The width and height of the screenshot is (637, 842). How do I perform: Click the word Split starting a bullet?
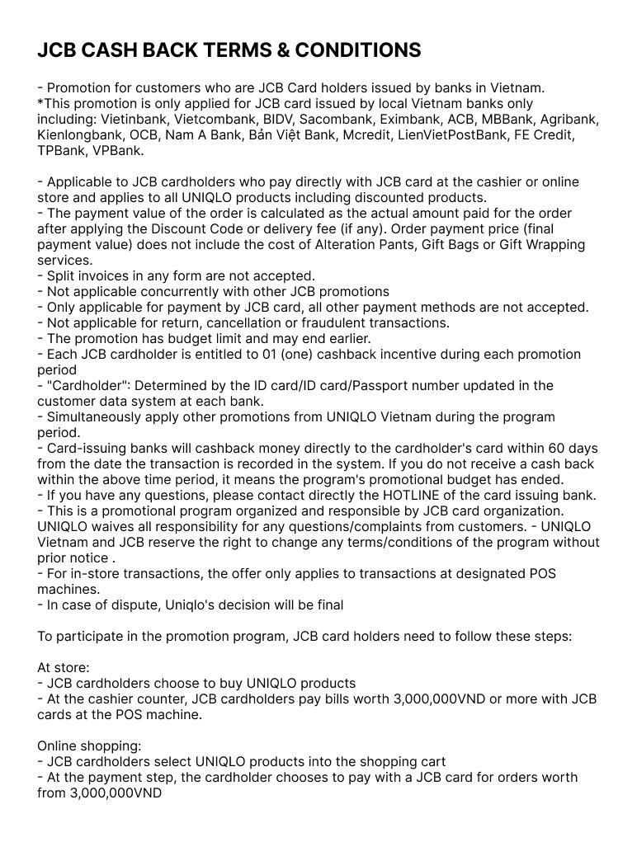click(x=63, y=275)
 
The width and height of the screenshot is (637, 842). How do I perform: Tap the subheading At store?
click(x=64, y=667)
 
